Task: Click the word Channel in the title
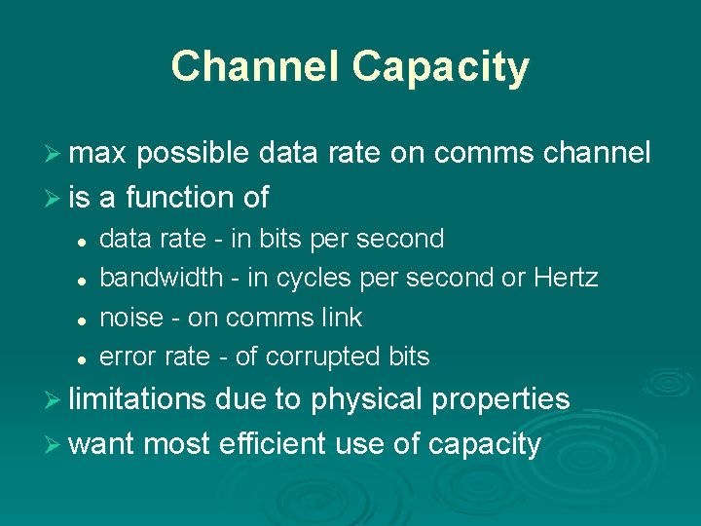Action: (256, 67)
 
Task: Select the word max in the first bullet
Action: (99, 153)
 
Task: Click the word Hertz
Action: (566, 278)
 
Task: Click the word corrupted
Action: (321, 357)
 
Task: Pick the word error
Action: (128, 357)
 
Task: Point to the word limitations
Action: (137, 399)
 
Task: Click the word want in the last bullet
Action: (102, 444)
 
